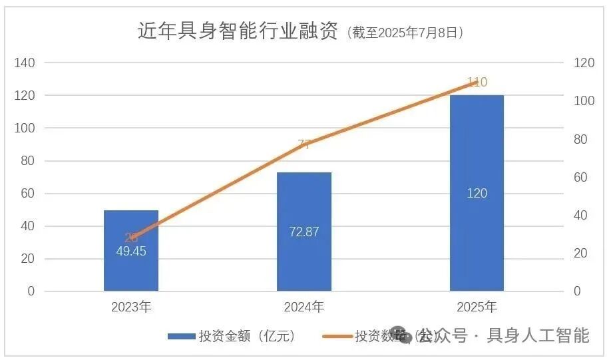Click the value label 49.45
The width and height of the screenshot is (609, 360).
[130, 252]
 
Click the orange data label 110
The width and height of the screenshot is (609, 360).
[477, 83]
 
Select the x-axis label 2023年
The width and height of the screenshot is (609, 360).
[131, 307]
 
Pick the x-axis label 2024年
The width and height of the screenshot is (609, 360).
[304, 307]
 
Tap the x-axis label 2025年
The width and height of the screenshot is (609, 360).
[477, 307]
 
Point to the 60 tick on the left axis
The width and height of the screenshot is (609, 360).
[28, 194]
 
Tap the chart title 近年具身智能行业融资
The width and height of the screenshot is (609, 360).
[238, 31]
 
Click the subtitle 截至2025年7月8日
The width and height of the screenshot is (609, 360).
[405, 33]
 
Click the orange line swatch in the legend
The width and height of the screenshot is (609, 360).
[335, 337]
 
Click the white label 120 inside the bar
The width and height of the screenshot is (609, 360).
[477, 194]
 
